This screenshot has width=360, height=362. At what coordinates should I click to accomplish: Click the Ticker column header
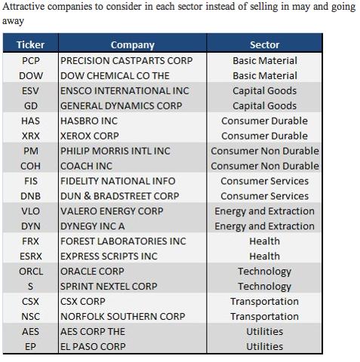pos(30,44)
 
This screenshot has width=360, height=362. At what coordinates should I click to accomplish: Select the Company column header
pos(133,45)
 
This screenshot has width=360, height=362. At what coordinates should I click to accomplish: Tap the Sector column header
pos(265,44)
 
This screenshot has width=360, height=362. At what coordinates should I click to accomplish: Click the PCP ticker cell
pos(31,60)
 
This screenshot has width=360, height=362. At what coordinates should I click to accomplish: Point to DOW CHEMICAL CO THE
pos(115,75)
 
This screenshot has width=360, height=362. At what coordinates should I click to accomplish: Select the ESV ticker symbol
pos(30,90)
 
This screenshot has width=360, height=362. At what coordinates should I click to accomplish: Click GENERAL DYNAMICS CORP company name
pos(122,106)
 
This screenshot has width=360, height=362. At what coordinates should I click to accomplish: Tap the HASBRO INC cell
pos(89,121)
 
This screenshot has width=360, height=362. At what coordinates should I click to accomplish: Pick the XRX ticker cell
pos(31,136)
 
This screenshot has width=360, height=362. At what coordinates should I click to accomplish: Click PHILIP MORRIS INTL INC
pos(115,151)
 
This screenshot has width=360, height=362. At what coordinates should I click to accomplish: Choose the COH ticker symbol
pos(30,166)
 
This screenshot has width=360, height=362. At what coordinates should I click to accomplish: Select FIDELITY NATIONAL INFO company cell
pos(118,181)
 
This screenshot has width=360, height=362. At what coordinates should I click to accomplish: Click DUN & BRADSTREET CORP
pos(120,196)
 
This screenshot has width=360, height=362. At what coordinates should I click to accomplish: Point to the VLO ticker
pos(30,211)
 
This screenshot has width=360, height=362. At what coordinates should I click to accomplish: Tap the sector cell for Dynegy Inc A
pos(265,226)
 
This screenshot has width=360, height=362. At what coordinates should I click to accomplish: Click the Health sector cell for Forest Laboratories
pos(265,241)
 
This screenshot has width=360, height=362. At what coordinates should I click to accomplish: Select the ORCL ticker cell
pos(31,271)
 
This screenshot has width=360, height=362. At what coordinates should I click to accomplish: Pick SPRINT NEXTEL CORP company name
pos(109,287)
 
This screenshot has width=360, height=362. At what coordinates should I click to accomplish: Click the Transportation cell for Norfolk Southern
pos(265,317)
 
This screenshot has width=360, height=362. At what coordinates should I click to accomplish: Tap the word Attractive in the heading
pos(24,7)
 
